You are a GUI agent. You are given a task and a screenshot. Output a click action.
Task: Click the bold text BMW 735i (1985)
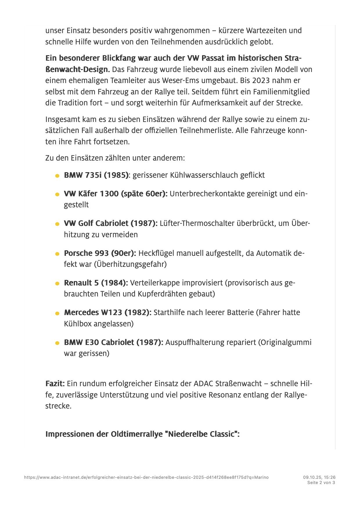coord(96,175)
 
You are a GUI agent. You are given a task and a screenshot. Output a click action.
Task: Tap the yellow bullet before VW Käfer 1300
coord(57,194)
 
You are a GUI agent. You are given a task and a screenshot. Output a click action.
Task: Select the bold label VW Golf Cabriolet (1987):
coord(111,223)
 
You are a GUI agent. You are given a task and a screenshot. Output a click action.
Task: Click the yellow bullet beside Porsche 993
coord(57,254)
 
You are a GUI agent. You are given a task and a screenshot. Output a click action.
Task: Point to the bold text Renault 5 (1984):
coord(96,283)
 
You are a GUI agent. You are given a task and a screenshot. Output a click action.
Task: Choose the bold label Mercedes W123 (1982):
coord(107,312)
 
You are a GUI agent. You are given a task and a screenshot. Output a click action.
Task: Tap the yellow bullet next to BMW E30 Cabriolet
coord(57,343)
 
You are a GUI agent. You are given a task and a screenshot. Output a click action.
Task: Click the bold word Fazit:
coord(55,384)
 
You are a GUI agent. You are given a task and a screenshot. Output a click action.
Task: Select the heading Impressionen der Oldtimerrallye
coord(142,434)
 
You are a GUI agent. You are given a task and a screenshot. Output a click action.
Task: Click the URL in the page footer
coord(146,477)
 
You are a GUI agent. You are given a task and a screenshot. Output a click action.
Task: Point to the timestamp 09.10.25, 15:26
coord(319,477)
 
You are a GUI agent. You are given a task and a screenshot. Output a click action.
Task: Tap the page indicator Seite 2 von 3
coord(321,483)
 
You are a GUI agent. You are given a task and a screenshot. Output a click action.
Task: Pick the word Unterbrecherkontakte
coord(207,194)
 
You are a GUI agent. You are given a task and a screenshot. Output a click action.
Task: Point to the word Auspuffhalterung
coord(196,342)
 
